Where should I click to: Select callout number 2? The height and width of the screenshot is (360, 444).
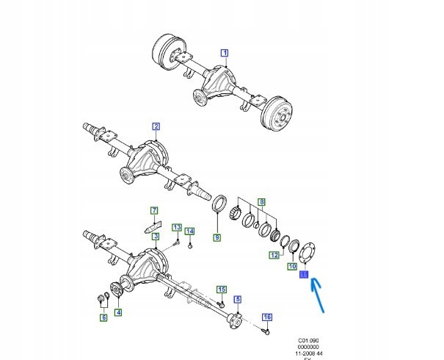[156, 127]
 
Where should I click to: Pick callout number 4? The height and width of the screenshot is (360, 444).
[119, 312]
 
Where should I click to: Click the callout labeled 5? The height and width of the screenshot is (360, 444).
[237, 299]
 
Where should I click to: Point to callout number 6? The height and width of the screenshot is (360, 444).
[103, 317]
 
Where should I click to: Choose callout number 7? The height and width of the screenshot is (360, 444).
[155, 212]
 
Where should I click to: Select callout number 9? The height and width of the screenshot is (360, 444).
[216, 237]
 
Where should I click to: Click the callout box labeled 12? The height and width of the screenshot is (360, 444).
[272, 255]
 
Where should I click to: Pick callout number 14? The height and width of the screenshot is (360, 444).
[190, 232]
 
